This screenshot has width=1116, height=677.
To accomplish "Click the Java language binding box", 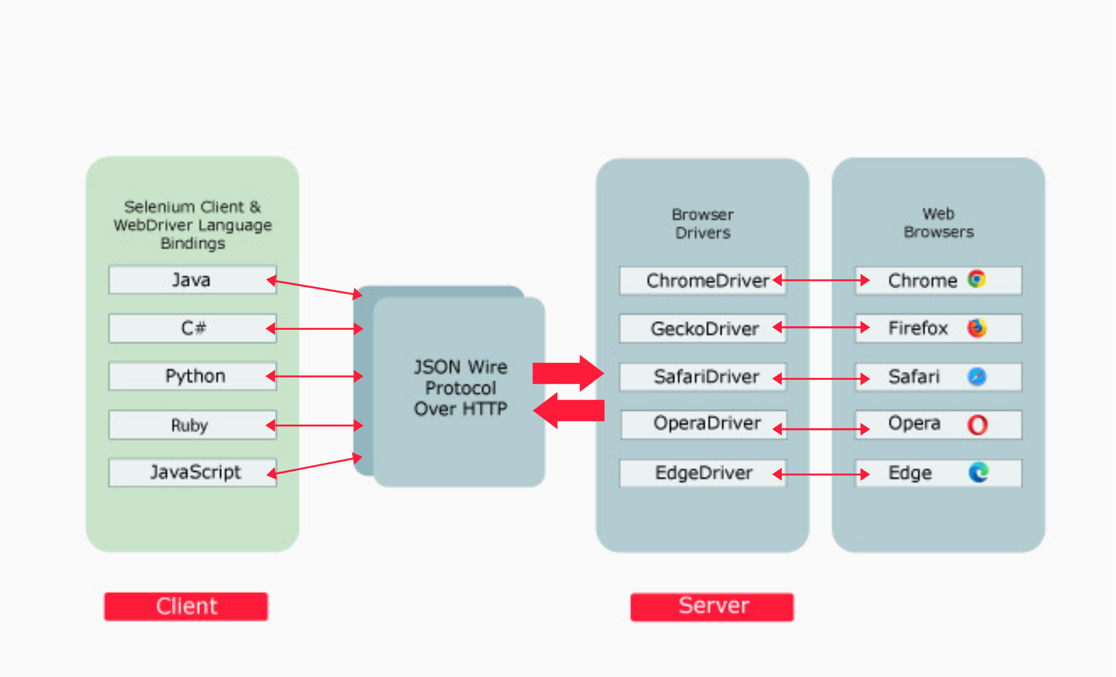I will (192, 280).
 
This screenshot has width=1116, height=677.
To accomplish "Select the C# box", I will (192, 329).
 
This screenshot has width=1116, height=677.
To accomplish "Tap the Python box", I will (192, 376).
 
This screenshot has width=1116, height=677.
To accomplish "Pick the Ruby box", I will (192, 425).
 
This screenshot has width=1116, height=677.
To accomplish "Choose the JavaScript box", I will (192, 472).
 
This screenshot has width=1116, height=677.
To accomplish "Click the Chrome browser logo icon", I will (977, 279).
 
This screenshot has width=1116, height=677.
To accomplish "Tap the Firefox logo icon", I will (977, 328).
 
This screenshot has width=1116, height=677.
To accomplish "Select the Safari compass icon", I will (977, 376).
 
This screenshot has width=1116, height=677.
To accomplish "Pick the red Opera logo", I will (977, 425).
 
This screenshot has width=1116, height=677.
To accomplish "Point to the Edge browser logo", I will (978, 472).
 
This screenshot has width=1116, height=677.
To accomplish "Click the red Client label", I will (186, 607).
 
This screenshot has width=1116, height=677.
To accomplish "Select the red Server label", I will (712, 607).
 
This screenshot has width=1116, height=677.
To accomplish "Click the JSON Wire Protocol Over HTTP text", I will (460, 388).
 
